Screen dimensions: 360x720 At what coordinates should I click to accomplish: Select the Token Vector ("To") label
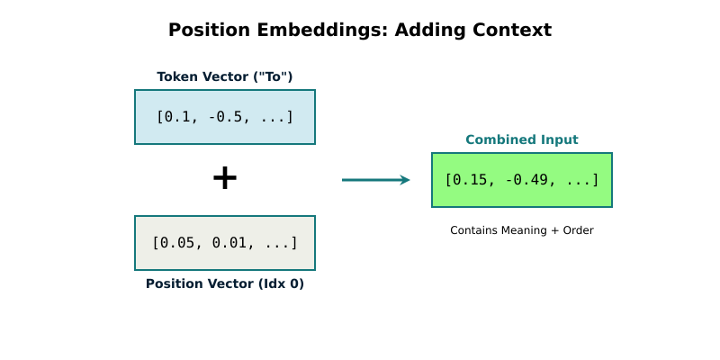click(225, 76)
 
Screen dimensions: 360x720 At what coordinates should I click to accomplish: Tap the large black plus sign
click(225, 178)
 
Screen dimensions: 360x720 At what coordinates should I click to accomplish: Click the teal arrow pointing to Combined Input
click(375, 180)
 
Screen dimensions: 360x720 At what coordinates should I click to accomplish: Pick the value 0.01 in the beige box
click(230, 243)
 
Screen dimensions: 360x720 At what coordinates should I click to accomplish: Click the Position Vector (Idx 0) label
click(225, 283)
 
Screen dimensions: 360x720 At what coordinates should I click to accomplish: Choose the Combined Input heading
click(522, 139)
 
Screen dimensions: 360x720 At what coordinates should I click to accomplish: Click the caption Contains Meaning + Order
click(522, 230)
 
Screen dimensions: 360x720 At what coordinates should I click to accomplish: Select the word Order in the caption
click(578, 230)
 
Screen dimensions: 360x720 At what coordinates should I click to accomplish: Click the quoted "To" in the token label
click(272, 76)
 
